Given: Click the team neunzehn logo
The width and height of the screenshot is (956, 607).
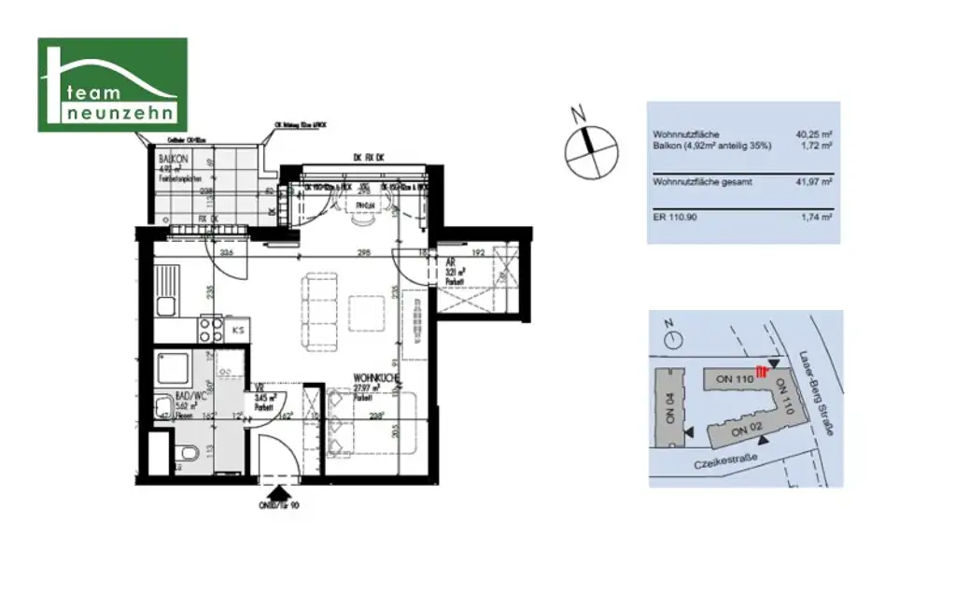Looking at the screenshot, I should coord(112,84).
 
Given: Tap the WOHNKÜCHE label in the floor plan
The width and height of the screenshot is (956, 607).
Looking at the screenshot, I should coord(376,379).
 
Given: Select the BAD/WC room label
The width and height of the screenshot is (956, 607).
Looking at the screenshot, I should coord(176,399).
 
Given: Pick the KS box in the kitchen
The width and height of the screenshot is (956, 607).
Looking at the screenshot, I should coord(238,330).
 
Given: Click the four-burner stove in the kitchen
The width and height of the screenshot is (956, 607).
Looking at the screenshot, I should coord(210,329).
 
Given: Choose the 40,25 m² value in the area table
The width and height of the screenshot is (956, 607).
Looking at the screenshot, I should coord(813,134).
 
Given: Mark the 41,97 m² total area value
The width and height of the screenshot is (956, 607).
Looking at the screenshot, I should coord(813,181).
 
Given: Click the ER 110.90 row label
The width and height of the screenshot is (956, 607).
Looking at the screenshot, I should coord(676,216).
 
